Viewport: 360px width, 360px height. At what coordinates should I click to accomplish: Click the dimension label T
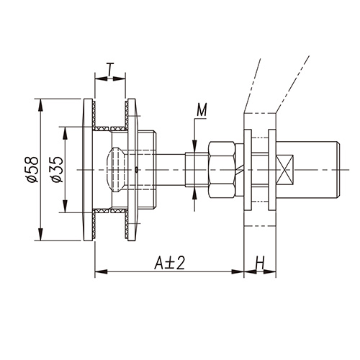coord(110,69)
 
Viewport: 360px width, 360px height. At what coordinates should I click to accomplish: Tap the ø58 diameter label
coord(32,169)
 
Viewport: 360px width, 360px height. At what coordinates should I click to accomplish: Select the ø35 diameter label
coord(57,169)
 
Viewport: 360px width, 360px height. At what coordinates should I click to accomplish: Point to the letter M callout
coord(202,110)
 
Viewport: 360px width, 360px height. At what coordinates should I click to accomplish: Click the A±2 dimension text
coord(169,263)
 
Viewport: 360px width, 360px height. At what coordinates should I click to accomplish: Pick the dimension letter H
coord(260,263)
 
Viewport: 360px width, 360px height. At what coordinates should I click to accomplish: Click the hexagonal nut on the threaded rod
coord(222,170)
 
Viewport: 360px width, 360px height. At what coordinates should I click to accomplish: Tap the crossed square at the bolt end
coord(285,170)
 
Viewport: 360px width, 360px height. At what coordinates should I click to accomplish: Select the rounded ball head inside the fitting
coord(115,170)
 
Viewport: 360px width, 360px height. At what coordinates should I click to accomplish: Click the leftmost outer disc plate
coord(88,170)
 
